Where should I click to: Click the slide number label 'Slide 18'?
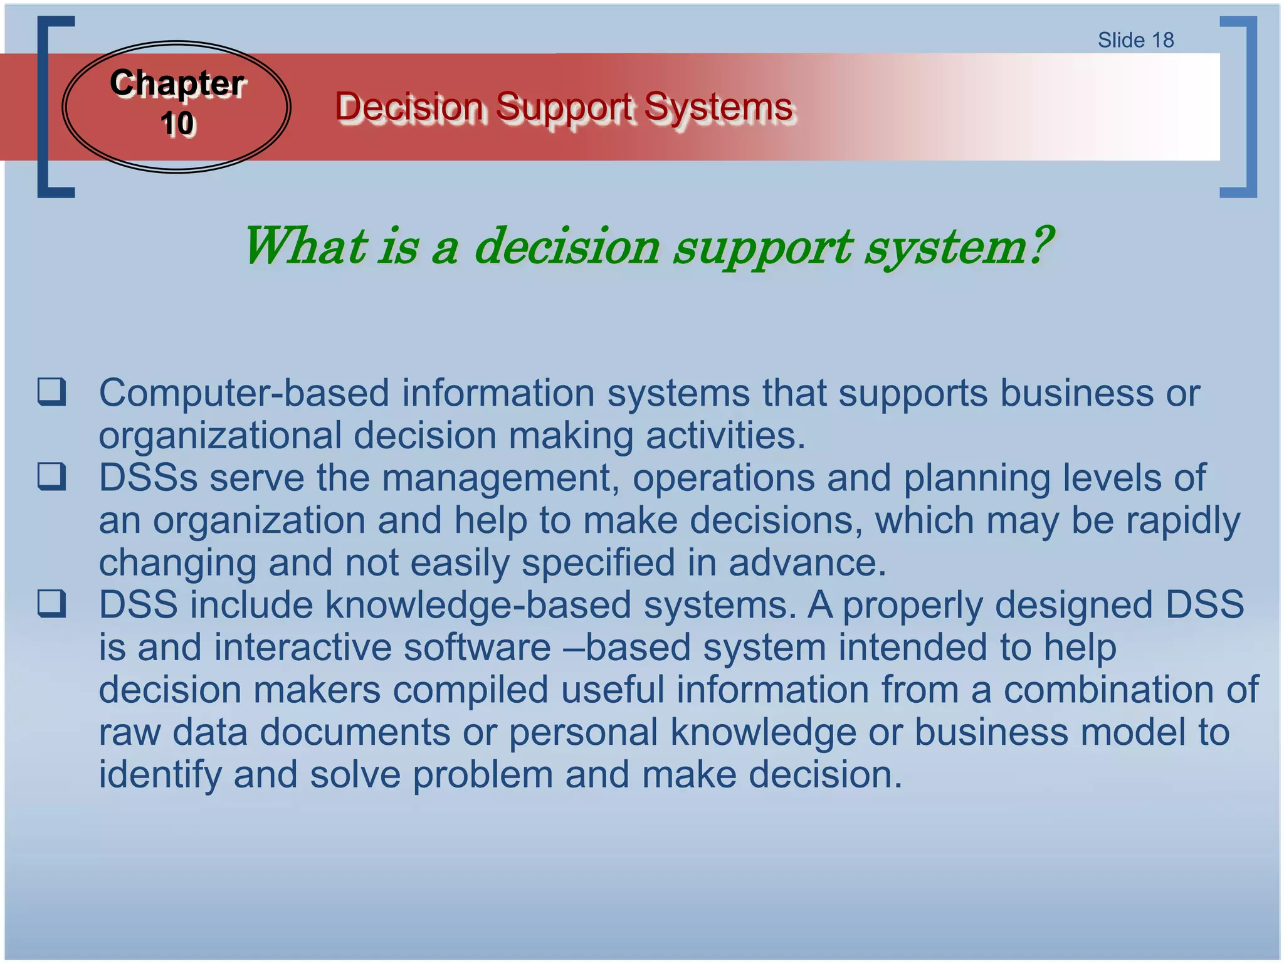click(1135, 40)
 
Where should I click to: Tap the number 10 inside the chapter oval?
click(177, 124)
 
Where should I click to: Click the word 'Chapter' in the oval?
click(177, 83)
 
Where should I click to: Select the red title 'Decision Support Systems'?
click(564, 107)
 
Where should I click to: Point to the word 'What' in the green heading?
click(304, 246)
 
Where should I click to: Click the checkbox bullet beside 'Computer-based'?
click(51, 392)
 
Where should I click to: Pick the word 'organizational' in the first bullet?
click(220, 435)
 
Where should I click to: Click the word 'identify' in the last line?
click(160, 774)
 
